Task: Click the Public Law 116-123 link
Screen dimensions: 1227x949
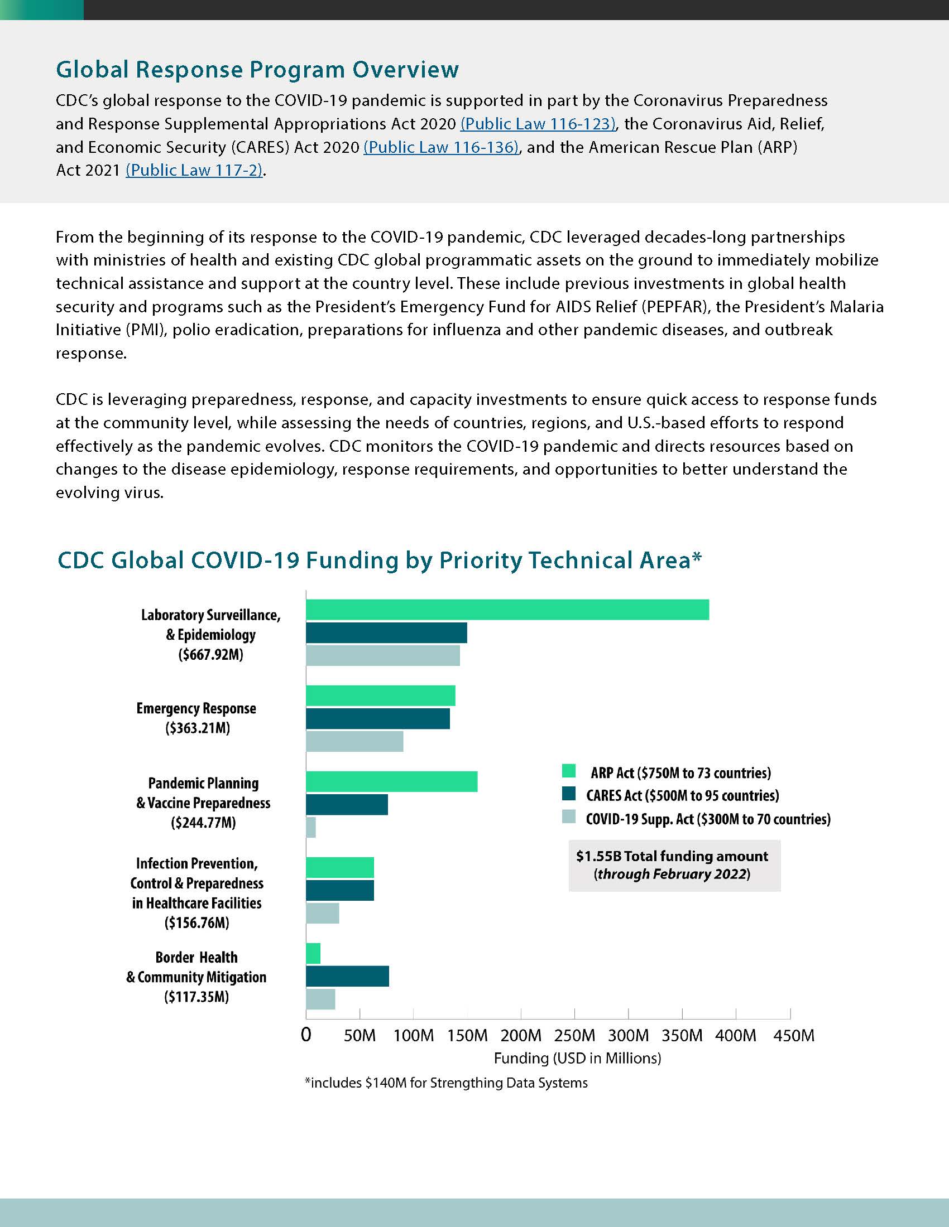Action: [x=538, y=124]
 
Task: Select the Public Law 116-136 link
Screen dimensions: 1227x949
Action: [x=442, y=147]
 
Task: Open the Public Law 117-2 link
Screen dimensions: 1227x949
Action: [x=194, y=170]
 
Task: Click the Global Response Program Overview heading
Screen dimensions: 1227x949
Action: [x=257, y=70]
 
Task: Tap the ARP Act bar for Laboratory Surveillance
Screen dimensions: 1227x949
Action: [x=507, y=610]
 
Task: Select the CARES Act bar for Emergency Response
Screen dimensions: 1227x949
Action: [x=378, y=718]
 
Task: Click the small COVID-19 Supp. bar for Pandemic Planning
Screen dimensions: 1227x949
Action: [x=311, y=827]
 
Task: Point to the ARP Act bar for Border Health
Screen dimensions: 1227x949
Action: [x=313, y=953]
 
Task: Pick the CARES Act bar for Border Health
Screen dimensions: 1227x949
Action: [x=347, y=977]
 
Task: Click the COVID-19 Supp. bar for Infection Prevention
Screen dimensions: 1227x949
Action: [x=323, y=914]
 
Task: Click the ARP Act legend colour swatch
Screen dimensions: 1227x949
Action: [x=569, y=771]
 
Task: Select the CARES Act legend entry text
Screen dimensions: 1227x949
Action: [x=683, y=795]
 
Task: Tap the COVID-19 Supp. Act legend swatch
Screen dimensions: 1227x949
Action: [x=569, y=817]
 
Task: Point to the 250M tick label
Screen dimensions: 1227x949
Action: [x=574, y=1036]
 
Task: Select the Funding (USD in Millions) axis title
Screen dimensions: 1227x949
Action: [x=577, y=1059]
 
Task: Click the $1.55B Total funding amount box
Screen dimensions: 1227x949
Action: [x=674, y=865]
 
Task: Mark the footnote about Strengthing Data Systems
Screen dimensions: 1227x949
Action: [x=447, y=1083]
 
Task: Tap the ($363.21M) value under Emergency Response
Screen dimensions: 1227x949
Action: [x=197, y=728]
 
